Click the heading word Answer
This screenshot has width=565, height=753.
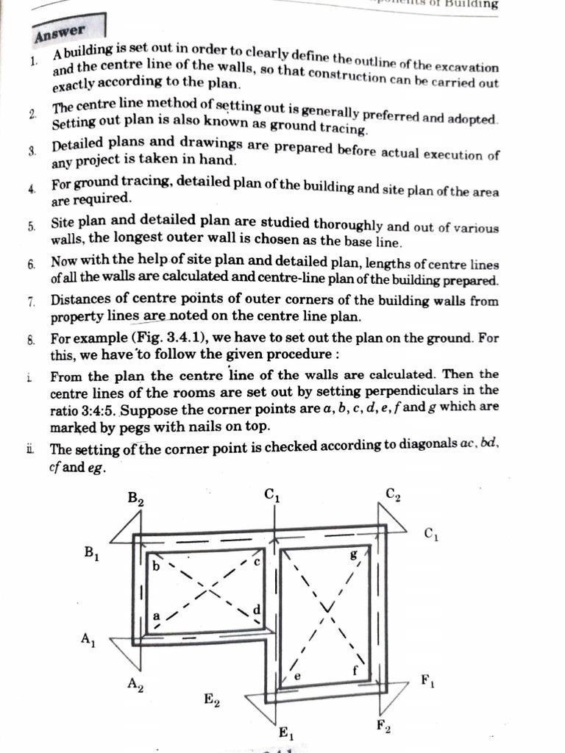(60, 33)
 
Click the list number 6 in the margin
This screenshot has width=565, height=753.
(32, 263)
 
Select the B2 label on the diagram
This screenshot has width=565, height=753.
(135, 499)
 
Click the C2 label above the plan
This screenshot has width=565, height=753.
(393, 494)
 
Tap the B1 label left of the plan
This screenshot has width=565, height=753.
(92, 553)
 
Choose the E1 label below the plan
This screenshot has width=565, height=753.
(285, 732)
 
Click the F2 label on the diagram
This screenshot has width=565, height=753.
(383, 727)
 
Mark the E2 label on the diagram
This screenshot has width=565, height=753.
(212, 699)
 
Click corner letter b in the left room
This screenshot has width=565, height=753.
(156, 568)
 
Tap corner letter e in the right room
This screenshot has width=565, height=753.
(296, 675)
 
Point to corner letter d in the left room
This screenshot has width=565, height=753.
(256, 610)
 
